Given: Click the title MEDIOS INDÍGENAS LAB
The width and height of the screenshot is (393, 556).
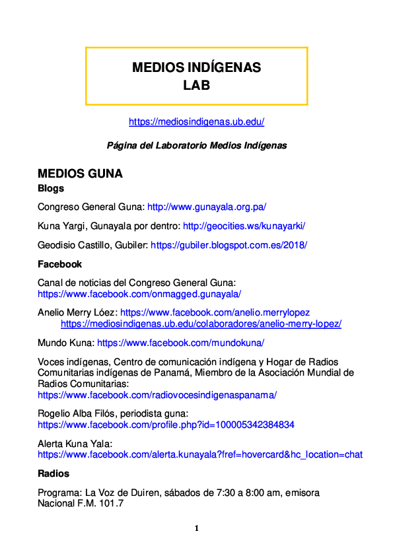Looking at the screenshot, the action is coord(196,76).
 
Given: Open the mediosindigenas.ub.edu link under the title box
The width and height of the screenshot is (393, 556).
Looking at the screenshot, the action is coord(196,122).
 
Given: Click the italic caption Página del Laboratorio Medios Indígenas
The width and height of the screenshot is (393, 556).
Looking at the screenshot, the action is coord(197,145).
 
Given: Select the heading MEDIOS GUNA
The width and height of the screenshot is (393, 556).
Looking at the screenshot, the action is coord(80,174).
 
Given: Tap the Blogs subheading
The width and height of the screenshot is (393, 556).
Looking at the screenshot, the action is coord(51,188).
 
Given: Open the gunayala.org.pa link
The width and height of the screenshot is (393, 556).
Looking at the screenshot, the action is coord(206,207).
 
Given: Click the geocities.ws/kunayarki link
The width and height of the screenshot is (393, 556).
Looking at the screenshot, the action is coord(244,226).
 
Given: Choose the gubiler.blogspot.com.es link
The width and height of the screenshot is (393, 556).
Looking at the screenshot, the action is coord(229,244).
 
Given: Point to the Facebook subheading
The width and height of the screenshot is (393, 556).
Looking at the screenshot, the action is coord(59,264).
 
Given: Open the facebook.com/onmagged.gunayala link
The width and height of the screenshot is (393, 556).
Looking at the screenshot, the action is coord(139,294).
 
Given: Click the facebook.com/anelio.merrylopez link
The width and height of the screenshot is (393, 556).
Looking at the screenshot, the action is coord(215,312).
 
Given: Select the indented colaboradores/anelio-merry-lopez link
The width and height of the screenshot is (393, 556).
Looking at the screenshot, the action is coord(201,324).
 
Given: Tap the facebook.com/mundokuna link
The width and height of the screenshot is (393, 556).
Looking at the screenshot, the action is coord(180,343).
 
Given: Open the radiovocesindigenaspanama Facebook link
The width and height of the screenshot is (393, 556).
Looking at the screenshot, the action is coord(157,395).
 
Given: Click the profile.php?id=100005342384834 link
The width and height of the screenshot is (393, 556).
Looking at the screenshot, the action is coord(166,425).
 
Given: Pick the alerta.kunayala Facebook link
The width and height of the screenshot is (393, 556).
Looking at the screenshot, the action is coord(199,454).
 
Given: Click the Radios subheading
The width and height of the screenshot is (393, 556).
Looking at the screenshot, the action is coord(54,473).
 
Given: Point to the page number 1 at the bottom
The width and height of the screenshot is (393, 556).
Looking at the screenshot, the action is coord(196,528).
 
